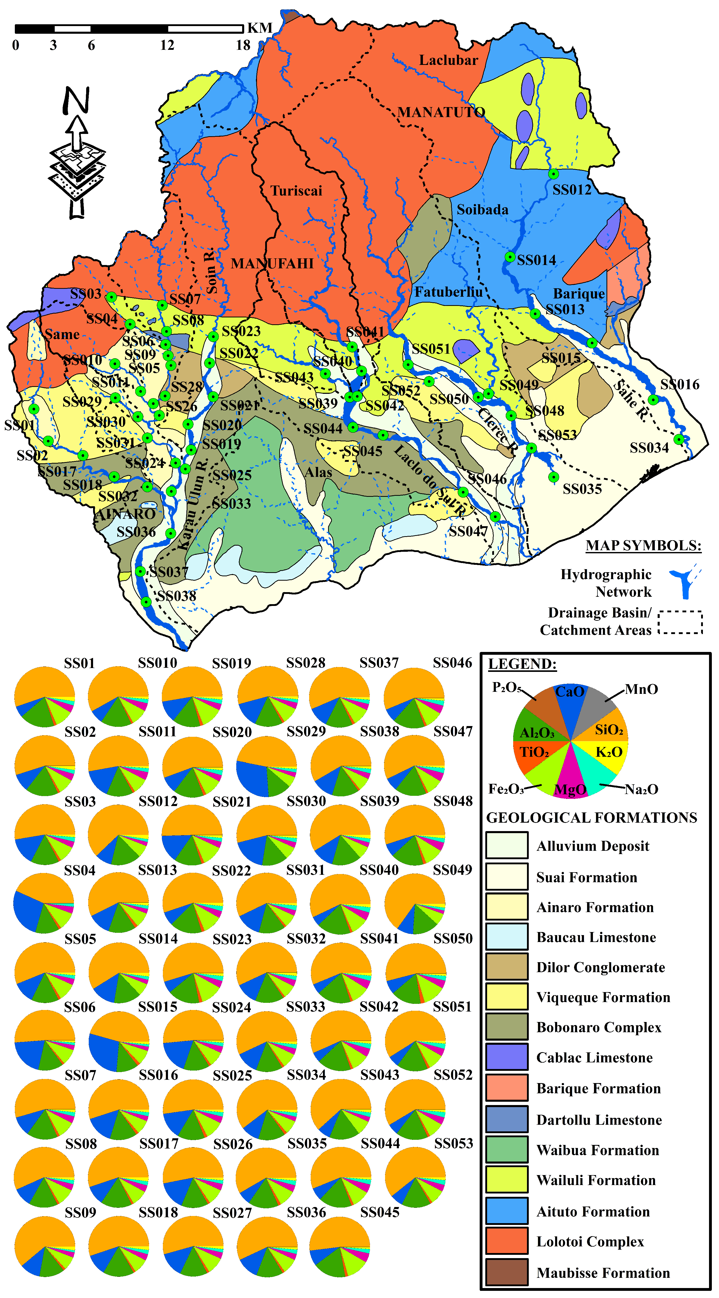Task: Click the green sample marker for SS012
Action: coord(553,174)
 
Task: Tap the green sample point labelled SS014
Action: coord(510,257)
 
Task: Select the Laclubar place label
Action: coord(448,60)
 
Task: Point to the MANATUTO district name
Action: coord(441,112)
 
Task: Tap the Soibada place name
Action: coord(482,210)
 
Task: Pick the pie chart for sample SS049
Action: coord(414,904)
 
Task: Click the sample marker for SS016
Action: coord(653,400)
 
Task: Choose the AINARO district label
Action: coord(125,514)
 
